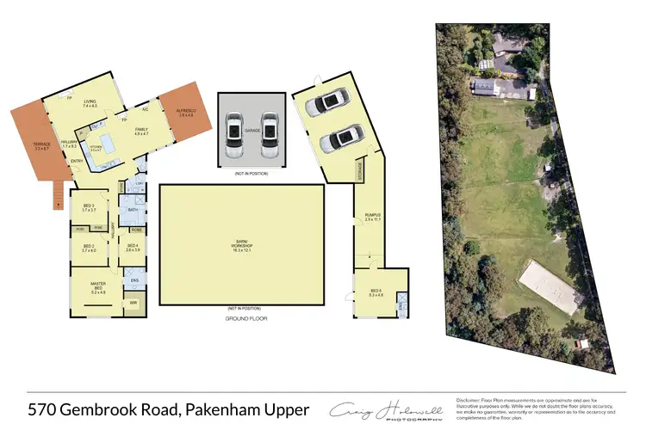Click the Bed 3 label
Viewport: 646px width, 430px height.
(x=89, y=207)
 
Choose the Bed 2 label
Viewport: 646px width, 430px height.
(x=88, y=247)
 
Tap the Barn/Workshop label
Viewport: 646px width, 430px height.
(x=241, y=244)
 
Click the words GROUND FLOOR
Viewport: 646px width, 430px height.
(x=242, y=317)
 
